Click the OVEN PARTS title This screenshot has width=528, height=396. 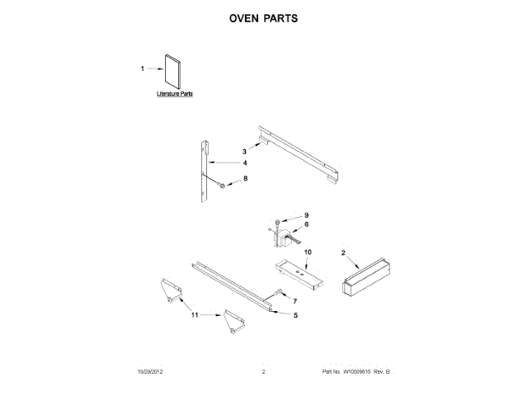click(263, 17)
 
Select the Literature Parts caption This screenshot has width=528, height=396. click(175, 95)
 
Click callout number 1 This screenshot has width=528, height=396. click(143, 69)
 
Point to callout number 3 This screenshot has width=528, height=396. click(244, 152)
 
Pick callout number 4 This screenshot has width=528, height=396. click(245, 163)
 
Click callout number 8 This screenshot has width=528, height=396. click(244, 178)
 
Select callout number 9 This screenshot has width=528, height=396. click(306, 215)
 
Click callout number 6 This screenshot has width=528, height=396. click(306, 224)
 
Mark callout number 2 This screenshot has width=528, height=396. click(343, 252)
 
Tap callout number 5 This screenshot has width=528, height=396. click(295, 314)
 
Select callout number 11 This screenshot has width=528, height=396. click(195, 315)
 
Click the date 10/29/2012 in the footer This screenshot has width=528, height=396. click(152, 374)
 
